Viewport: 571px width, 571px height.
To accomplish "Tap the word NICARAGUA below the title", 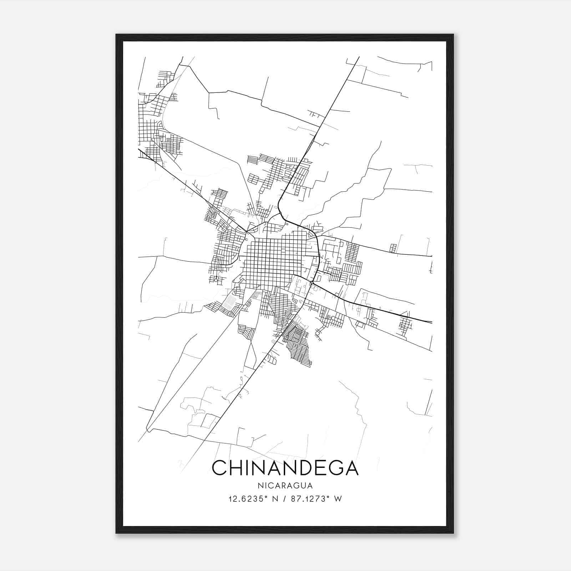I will coord(285,486).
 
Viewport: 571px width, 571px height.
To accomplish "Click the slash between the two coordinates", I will coord(284,499).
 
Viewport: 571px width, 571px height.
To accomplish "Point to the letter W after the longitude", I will coord(338,499).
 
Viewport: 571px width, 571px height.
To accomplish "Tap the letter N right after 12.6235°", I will coord(275,499).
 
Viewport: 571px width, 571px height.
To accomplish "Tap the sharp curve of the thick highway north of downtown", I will coord(279,209).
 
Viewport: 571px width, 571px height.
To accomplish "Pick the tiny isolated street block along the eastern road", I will coord(393,248).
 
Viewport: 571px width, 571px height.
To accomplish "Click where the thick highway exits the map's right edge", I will coord(431,322).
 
